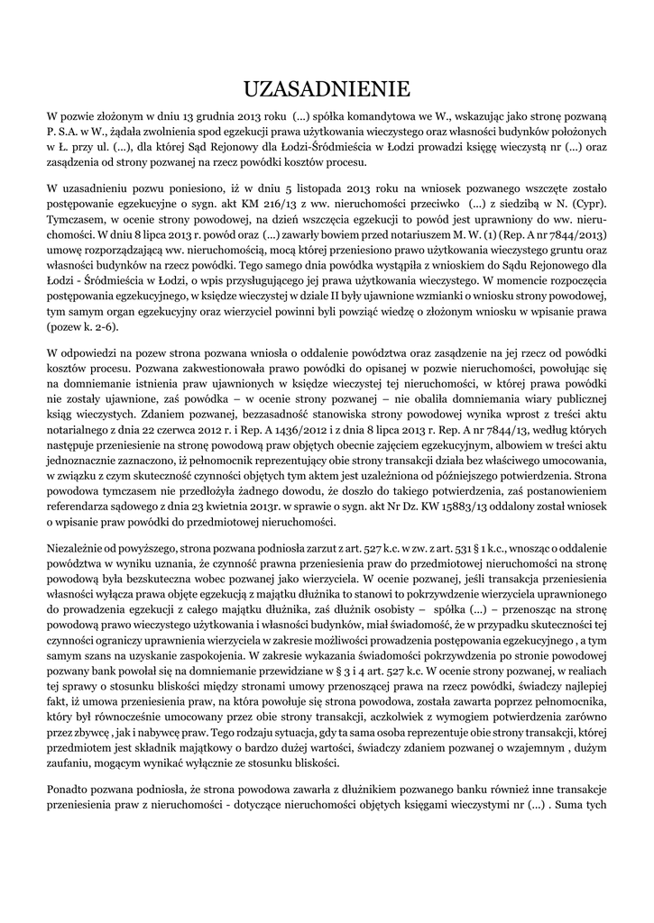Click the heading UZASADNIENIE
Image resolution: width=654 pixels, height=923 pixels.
[327, 87]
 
